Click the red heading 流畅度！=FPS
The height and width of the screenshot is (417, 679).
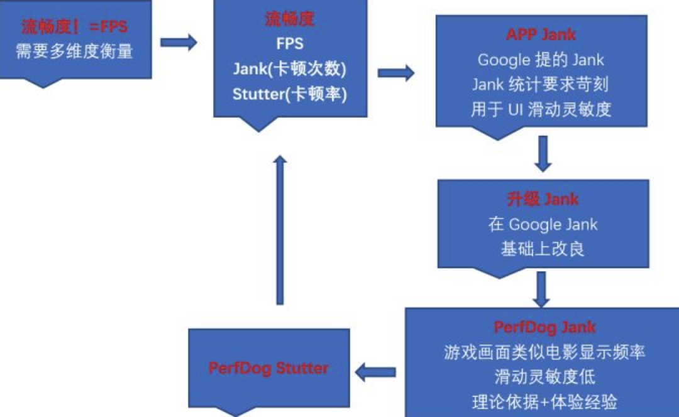coord(74,27)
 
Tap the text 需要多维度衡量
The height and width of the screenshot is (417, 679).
coord(74,51)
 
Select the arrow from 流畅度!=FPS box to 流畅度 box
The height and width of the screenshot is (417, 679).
coord(179,43)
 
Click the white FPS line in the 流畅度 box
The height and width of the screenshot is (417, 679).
coord(290,44)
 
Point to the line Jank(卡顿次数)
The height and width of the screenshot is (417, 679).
coord(290,69)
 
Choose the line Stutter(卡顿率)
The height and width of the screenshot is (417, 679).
coord(290,94)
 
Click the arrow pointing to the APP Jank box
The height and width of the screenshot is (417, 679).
coord(396,73)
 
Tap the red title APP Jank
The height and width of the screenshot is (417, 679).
coord(541,35)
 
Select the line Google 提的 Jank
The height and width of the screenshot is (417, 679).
coord(541,60)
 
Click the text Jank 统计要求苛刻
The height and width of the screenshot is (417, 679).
coord(541,84)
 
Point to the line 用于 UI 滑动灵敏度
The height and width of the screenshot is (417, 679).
coord(541,109)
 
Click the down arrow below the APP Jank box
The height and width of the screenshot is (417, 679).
coord(543,154)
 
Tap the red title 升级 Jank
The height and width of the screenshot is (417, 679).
coord(543,200)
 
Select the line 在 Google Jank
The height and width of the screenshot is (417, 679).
coord(543,224)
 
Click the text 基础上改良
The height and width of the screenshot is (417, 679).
coord(543,249)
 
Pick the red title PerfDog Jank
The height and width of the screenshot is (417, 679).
coord(544,327)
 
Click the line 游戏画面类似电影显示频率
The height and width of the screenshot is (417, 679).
coord(544,352)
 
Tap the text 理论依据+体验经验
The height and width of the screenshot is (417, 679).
coord(544,402)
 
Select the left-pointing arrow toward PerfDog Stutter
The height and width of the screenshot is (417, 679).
coord(375,372)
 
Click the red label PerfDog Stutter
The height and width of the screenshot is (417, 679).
coord(268,368)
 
